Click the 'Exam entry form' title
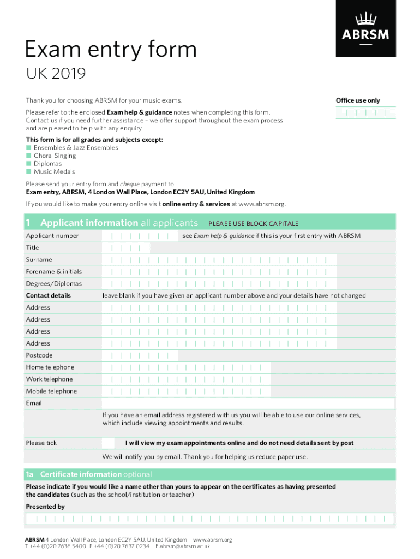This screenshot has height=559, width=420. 111,50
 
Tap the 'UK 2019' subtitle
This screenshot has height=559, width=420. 56,74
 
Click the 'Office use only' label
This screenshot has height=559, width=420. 358,100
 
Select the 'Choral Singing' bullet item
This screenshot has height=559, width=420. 55,156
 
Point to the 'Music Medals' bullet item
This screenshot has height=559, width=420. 54,171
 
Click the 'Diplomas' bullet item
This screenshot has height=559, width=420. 47,164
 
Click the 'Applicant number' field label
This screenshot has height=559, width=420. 52,236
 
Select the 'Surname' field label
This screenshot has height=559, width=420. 39,260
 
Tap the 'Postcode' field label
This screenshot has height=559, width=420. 39,355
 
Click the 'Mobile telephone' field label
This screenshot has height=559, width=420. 51,391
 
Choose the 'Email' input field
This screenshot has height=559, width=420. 248,403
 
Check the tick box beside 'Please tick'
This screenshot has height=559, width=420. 109,443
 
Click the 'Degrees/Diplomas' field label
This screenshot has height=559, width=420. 54,284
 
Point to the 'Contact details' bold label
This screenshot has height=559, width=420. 49,296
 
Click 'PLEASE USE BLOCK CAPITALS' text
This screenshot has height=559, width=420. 254,224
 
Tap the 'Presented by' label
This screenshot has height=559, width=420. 45,507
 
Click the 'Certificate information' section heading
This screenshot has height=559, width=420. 81,474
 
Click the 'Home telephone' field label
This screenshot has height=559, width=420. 50,367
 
